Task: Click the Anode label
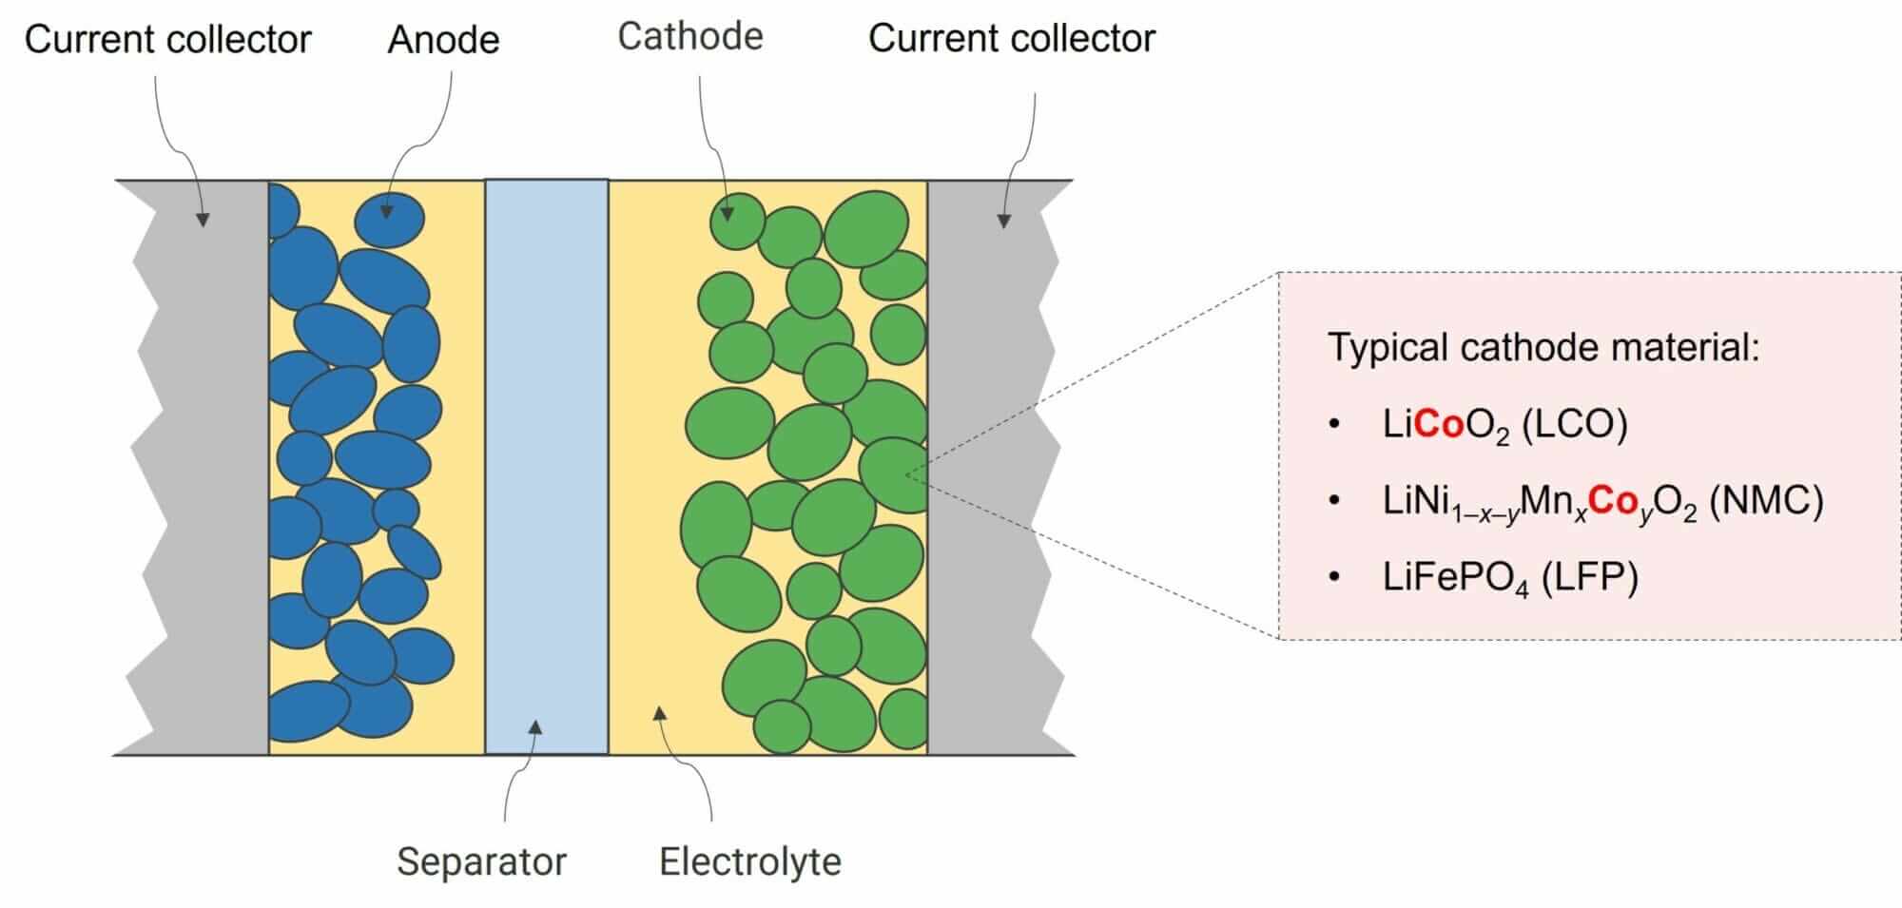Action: (x=443, y=40)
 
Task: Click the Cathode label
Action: (x=689, y=36)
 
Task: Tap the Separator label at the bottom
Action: (x=481, y=861)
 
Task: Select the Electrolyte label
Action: (x=749, y=861)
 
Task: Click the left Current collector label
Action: (x=167, y=39)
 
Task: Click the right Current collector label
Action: (x=1011, y=38)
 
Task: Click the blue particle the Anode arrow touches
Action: (x=390, y=219)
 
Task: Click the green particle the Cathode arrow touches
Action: (x=737, y=221)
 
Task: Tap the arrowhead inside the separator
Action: (x=535, y=727)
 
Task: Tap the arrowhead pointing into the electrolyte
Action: (x=660, y=713)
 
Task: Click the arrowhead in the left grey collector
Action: (x=203, y=220)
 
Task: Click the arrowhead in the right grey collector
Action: (x=1003, y=221)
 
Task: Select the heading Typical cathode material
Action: (x=1543, y=347)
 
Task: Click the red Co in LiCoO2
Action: (x=1439, y=424)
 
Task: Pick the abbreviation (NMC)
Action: (x=1766, y=501)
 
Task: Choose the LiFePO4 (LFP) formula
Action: (x=1510, y=577)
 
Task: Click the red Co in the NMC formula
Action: (x=1612, y=501)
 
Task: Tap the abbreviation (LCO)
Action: (x=1574, y=424)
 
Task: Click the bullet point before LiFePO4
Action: (x=1334, y=577)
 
